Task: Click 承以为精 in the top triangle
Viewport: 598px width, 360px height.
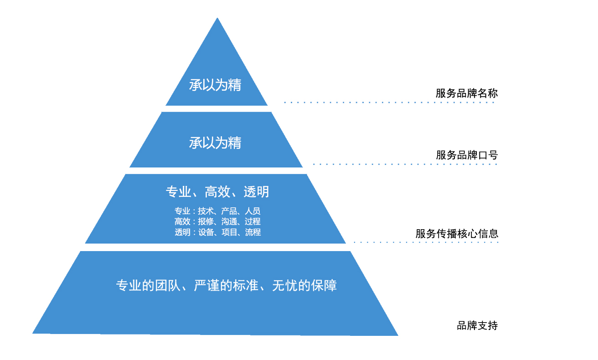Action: pos(215,85)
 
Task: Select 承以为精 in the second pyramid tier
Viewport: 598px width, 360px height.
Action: pos(215,143)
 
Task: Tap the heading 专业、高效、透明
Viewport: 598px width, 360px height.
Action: pos(217,191)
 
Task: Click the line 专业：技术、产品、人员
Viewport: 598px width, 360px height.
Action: pos(217,211)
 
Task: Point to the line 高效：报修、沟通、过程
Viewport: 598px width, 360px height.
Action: pos(217,221)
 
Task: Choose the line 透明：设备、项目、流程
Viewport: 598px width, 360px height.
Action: pos(217,232)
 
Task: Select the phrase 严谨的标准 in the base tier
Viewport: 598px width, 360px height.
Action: pos(226,285)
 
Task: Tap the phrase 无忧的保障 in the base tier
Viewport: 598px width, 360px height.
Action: pos(304,285)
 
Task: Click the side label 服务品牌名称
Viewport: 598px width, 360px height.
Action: pos(467,93)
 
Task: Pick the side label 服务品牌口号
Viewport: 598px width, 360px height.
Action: pos(467,155)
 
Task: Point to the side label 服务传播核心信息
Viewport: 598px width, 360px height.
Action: pos(457,234)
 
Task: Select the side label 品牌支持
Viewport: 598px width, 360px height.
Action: pos(477,325)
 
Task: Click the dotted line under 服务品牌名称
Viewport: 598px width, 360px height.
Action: pos(389,103)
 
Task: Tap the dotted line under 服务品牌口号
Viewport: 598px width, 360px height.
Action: pos(405,165)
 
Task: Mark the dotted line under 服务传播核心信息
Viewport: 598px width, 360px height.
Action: pos(426,242)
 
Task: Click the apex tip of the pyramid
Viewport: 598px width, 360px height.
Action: pos(217,18)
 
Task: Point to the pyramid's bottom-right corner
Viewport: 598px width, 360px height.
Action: pos(398,335)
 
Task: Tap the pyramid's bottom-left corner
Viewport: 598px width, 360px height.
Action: pos(32,333)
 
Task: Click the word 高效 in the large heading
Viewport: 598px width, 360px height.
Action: pos(217,191)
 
